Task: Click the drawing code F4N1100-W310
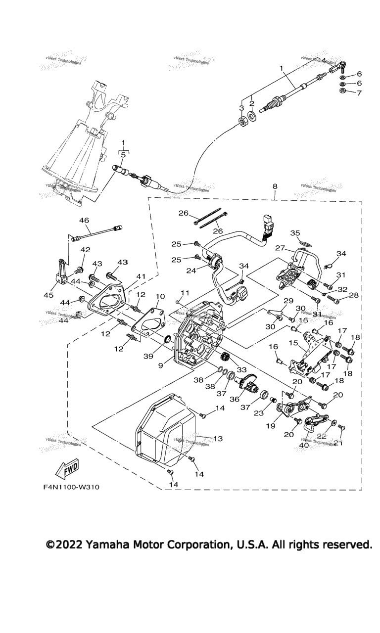[x=71, y=487]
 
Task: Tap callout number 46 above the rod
[x=84, y=221]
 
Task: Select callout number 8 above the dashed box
[x=275, y=186]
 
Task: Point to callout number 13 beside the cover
[x=218, y=438]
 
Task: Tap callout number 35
[x=309, y=233]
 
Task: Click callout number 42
[x=86, y=250]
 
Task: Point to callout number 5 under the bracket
[x=123, y=154]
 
